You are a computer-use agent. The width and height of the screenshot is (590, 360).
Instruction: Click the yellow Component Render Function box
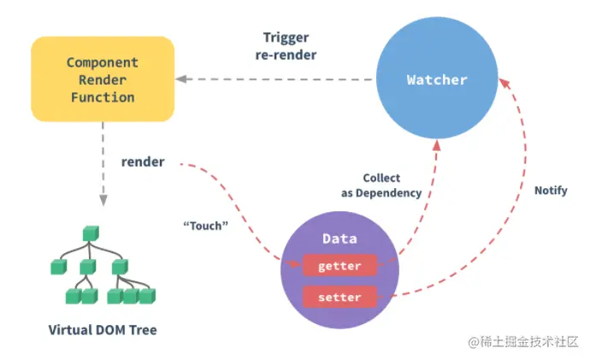click(x=103, y=79)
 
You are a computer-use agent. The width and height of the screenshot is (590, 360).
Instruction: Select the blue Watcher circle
click(x=437, y=80)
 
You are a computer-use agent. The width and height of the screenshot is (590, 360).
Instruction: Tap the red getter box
click(x=339, y=266)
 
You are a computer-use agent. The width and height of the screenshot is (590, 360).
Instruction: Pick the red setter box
click(x=339, y=297)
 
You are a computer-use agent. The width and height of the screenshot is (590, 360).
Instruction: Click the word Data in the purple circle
click(x=339, y=239)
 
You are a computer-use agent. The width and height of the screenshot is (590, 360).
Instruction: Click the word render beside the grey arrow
click(x=143, y=162)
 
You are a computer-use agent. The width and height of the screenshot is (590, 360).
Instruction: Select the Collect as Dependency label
click(x=381, y=186)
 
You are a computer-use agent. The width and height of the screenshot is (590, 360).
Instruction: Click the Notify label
click(x=550, y=190)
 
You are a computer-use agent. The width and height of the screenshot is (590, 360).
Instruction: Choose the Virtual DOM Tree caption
click(x=103, y=329)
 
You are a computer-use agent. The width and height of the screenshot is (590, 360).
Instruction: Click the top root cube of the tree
click(x=88, y=233)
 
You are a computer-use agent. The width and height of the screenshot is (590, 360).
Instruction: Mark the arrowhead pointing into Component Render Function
click(x=182, y=80)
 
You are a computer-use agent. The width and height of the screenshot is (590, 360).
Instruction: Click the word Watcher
click(x=437, y=80)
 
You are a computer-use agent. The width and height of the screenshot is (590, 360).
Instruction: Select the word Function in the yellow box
click(x=102, y=97)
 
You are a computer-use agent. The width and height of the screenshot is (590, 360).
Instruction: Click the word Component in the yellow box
click(x=102, y=62)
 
